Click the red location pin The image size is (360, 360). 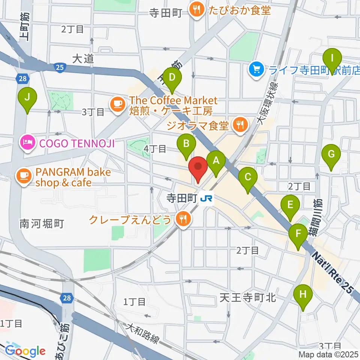click(198, 169)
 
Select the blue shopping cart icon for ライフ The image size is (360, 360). click(256, 69)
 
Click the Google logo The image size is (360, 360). click(25, 351)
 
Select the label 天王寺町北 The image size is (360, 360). click(247, 298)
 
